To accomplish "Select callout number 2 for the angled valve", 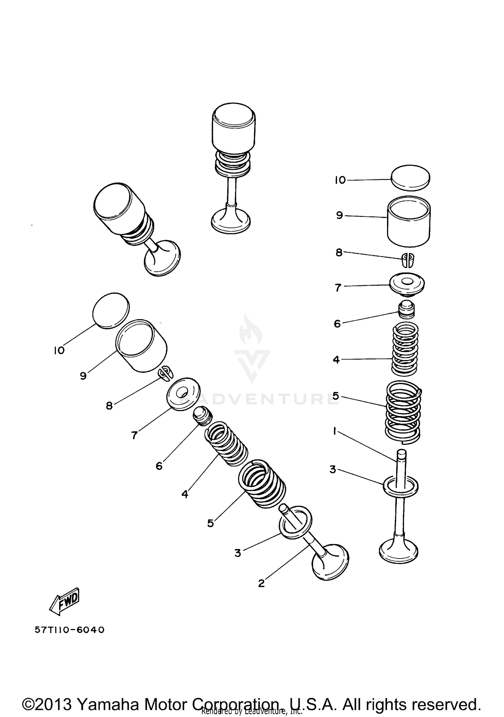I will tap(261, 583).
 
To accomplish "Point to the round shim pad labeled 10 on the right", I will tap(411, 177).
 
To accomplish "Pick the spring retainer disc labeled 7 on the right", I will tap(407, 285).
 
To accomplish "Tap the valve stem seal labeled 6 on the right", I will tap(407, 310).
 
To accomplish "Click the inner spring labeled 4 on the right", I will tap(405, 349).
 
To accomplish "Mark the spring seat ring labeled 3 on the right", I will tap(401, 486).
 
